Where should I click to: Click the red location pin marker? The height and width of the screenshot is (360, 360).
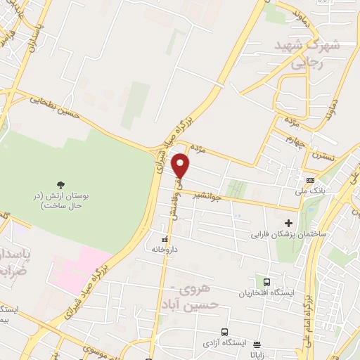tap(181, 166)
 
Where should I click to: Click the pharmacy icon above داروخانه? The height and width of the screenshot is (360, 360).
tap(165, 237)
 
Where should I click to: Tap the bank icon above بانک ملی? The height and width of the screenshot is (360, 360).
tap(302, 179)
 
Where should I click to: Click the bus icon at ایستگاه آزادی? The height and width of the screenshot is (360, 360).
tap(224, 331)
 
